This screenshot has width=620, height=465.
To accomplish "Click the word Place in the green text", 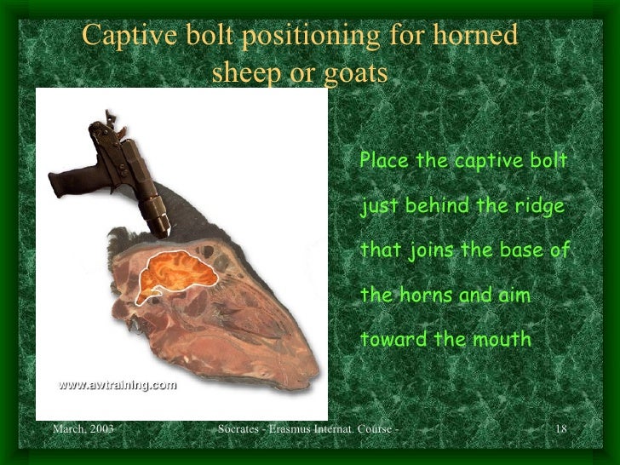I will coord(384,161).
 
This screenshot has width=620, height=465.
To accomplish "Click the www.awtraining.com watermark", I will coord(117,385).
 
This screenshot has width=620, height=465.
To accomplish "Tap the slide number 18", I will coord(560,428).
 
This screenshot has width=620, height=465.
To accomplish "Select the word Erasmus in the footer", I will coord(290,428).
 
